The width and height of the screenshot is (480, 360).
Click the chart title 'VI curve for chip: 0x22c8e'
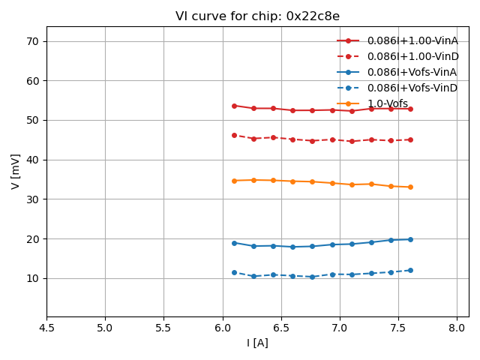point(257,16)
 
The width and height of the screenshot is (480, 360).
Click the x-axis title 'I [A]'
point(257,343)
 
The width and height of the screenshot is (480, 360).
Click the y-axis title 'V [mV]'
point(16,171)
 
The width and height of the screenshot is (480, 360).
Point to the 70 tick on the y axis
point(33,41)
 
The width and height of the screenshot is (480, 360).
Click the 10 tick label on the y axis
point(33,278)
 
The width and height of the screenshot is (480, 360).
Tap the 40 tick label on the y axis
point(33,160)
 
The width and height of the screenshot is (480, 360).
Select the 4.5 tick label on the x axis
point(46,328)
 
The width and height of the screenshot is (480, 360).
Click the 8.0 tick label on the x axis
point(457,328)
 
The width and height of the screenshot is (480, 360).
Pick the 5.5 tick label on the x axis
point(163,328)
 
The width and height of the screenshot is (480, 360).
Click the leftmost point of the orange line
point(234,181)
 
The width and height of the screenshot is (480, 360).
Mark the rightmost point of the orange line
point(410,187)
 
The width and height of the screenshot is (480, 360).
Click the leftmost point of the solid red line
point(234,106)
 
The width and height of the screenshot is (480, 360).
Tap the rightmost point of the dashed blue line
point(410,270)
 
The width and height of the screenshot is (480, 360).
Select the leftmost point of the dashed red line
point(234,135)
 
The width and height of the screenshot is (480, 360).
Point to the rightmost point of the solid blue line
point(410,239)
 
